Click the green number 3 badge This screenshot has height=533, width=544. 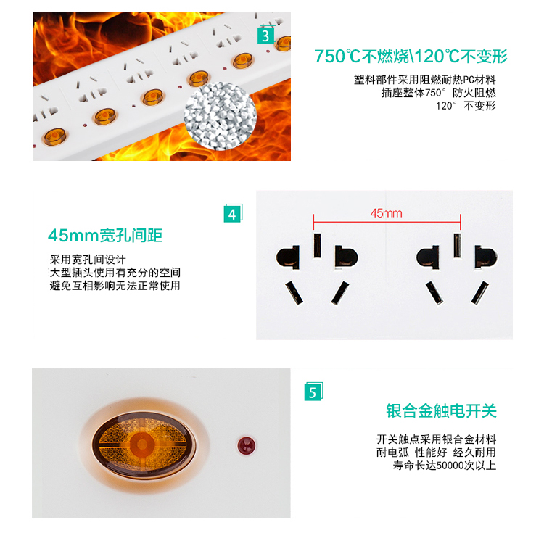pos(266,36)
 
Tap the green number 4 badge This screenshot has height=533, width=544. pos(233,213)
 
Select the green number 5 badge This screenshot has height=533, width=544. pos(313,392)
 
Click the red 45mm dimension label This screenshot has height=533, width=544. pos(386,213)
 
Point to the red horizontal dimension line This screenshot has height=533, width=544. pos(387,222)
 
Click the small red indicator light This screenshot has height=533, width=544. pos(246,445)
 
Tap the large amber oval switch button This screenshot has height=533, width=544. pos(144,444)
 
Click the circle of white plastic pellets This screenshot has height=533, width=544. pos(221,116)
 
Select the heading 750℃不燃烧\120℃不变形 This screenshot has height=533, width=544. pos(411,56)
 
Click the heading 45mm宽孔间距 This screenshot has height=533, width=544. pos(105,236)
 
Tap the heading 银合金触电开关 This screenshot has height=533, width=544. pos(441,411)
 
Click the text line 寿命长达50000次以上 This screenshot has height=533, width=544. pos(445,466)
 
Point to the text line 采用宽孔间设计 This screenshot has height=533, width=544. pos(88,260)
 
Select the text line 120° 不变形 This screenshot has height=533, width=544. pos(466,106)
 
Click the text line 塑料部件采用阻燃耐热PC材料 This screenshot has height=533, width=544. pos(424,80)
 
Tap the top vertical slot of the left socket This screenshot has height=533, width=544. pos(317,245)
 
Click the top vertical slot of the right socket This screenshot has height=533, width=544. pos(457,245)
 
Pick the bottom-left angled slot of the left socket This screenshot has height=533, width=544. pos(294,293)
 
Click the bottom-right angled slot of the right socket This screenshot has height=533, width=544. pos(479,293)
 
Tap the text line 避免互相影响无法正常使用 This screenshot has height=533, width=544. pos(115,286)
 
